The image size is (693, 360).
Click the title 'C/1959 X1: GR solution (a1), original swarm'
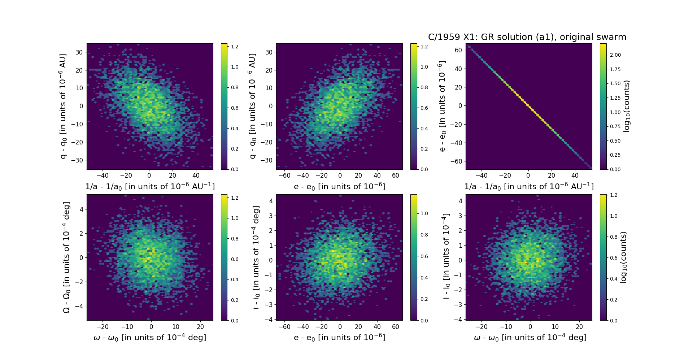527,37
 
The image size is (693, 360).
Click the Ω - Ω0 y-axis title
66,257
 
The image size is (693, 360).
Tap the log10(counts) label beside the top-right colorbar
627,106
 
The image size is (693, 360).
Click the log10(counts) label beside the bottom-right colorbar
623,257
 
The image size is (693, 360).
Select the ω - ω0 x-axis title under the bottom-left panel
150,338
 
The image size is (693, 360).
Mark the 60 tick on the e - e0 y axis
458,50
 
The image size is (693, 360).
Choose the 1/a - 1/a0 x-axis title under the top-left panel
150,187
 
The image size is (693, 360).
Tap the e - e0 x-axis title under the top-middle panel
339,187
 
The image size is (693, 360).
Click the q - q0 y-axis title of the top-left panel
64,106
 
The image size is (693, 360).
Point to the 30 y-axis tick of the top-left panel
79,52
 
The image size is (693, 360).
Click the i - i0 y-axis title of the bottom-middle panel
256,257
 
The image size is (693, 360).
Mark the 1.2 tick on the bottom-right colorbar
614,195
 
